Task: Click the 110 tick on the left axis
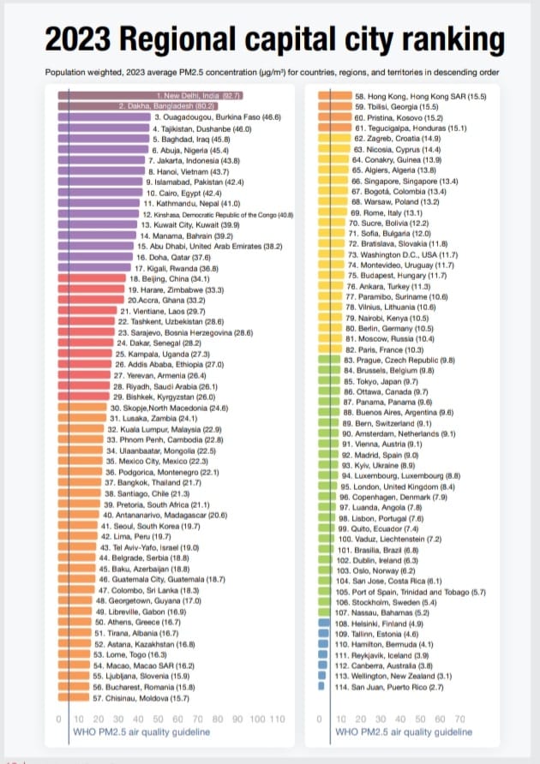(276, 719)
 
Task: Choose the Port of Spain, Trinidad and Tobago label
(411, 592)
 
